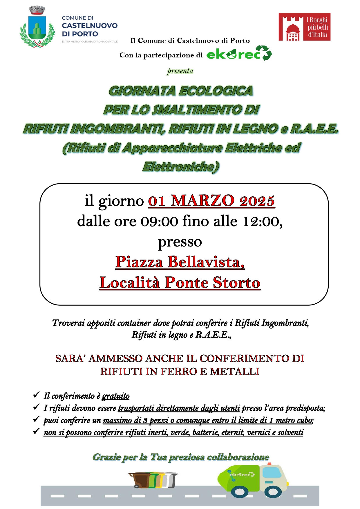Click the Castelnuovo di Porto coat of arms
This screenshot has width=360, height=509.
(37, 28)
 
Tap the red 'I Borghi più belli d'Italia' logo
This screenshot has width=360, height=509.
(304, 27)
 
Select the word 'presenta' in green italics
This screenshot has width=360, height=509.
(180, 71)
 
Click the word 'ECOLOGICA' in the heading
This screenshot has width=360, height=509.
(216, 91)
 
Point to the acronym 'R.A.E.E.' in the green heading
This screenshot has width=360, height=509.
(314, 129)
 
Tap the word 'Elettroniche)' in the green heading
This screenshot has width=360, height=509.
(181, 167)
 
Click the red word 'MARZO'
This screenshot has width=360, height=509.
(202, 201)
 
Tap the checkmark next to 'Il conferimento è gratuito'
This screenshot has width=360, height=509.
(36, 394)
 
